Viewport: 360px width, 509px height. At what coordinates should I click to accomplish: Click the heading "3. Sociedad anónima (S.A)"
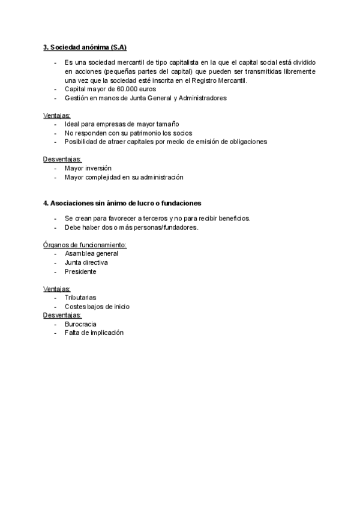click(85, 47)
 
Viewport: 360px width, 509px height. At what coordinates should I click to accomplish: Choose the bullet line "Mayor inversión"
click(88, 168)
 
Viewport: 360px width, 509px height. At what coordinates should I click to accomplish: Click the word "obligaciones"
click(245, 142)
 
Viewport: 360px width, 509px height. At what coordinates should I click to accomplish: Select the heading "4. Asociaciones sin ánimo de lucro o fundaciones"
click(122, 203)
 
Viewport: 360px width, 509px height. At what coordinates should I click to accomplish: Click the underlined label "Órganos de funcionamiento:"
click(85, 245)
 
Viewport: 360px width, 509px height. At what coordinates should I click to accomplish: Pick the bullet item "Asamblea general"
click(91, 253)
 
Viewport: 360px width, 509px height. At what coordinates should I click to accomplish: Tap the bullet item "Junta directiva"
click(86, 262)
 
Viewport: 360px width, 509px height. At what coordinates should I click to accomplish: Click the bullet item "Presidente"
click(80, 271)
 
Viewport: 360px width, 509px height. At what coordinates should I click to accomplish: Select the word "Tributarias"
click(80, 297)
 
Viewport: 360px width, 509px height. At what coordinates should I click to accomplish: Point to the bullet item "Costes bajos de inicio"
click(97, 306)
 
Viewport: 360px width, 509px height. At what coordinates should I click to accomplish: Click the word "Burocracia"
click(80, 324)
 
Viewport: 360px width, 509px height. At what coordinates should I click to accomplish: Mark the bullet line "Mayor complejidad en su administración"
click(124, 177)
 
